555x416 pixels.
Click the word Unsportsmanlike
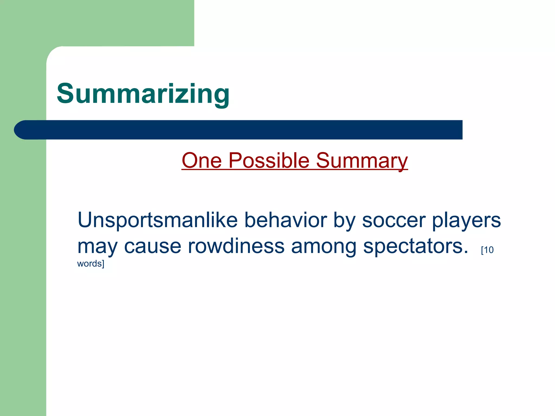pos(157,220)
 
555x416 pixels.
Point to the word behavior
pos(285,220)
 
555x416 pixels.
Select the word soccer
pos(393,220)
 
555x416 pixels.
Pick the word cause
pos(153,246)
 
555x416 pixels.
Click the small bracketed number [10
pos(487,250)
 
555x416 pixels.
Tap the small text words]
pos(91,264)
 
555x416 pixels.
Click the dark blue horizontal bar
pos(244,130)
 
